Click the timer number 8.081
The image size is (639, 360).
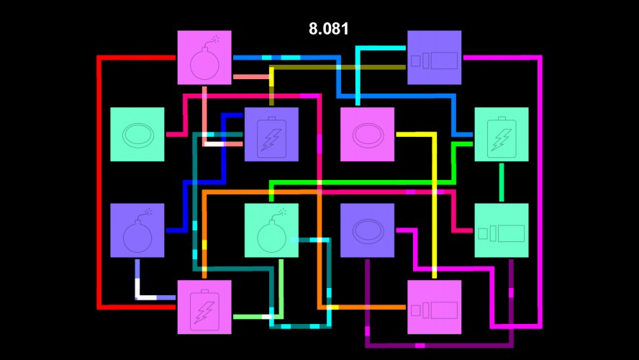tap(328, 29)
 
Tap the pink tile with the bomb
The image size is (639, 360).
tap(204, 58)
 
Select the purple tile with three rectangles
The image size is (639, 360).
tap(435, 58)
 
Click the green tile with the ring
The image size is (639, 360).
tap(137, 134)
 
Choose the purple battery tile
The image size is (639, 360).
tap(271, 134)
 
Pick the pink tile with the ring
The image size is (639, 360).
tap(367, 134)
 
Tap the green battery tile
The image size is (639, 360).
tap(502, 134)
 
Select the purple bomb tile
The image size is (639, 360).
tap(137, 230)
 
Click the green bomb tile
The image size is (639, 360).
tap(271, 230)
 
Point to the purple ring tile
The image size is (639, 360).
tap(367, 230)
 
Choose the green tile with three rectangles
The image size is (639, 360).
tap(502, 230)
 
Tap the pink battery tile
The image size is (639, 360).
tap(204, 307)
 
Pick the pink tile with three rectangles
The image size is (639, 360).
tap(435, 307)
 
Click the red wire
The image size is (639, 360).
tap(99, 182)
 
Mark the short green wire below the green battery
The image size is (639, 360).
tap(502, 182)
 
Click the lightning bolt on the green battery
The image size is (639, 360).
tap(502, 140)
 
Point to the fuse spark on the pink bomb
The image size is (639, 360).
tap(215, 39)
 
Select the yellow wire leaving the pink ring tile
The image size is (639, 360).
tap(435, 204)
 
